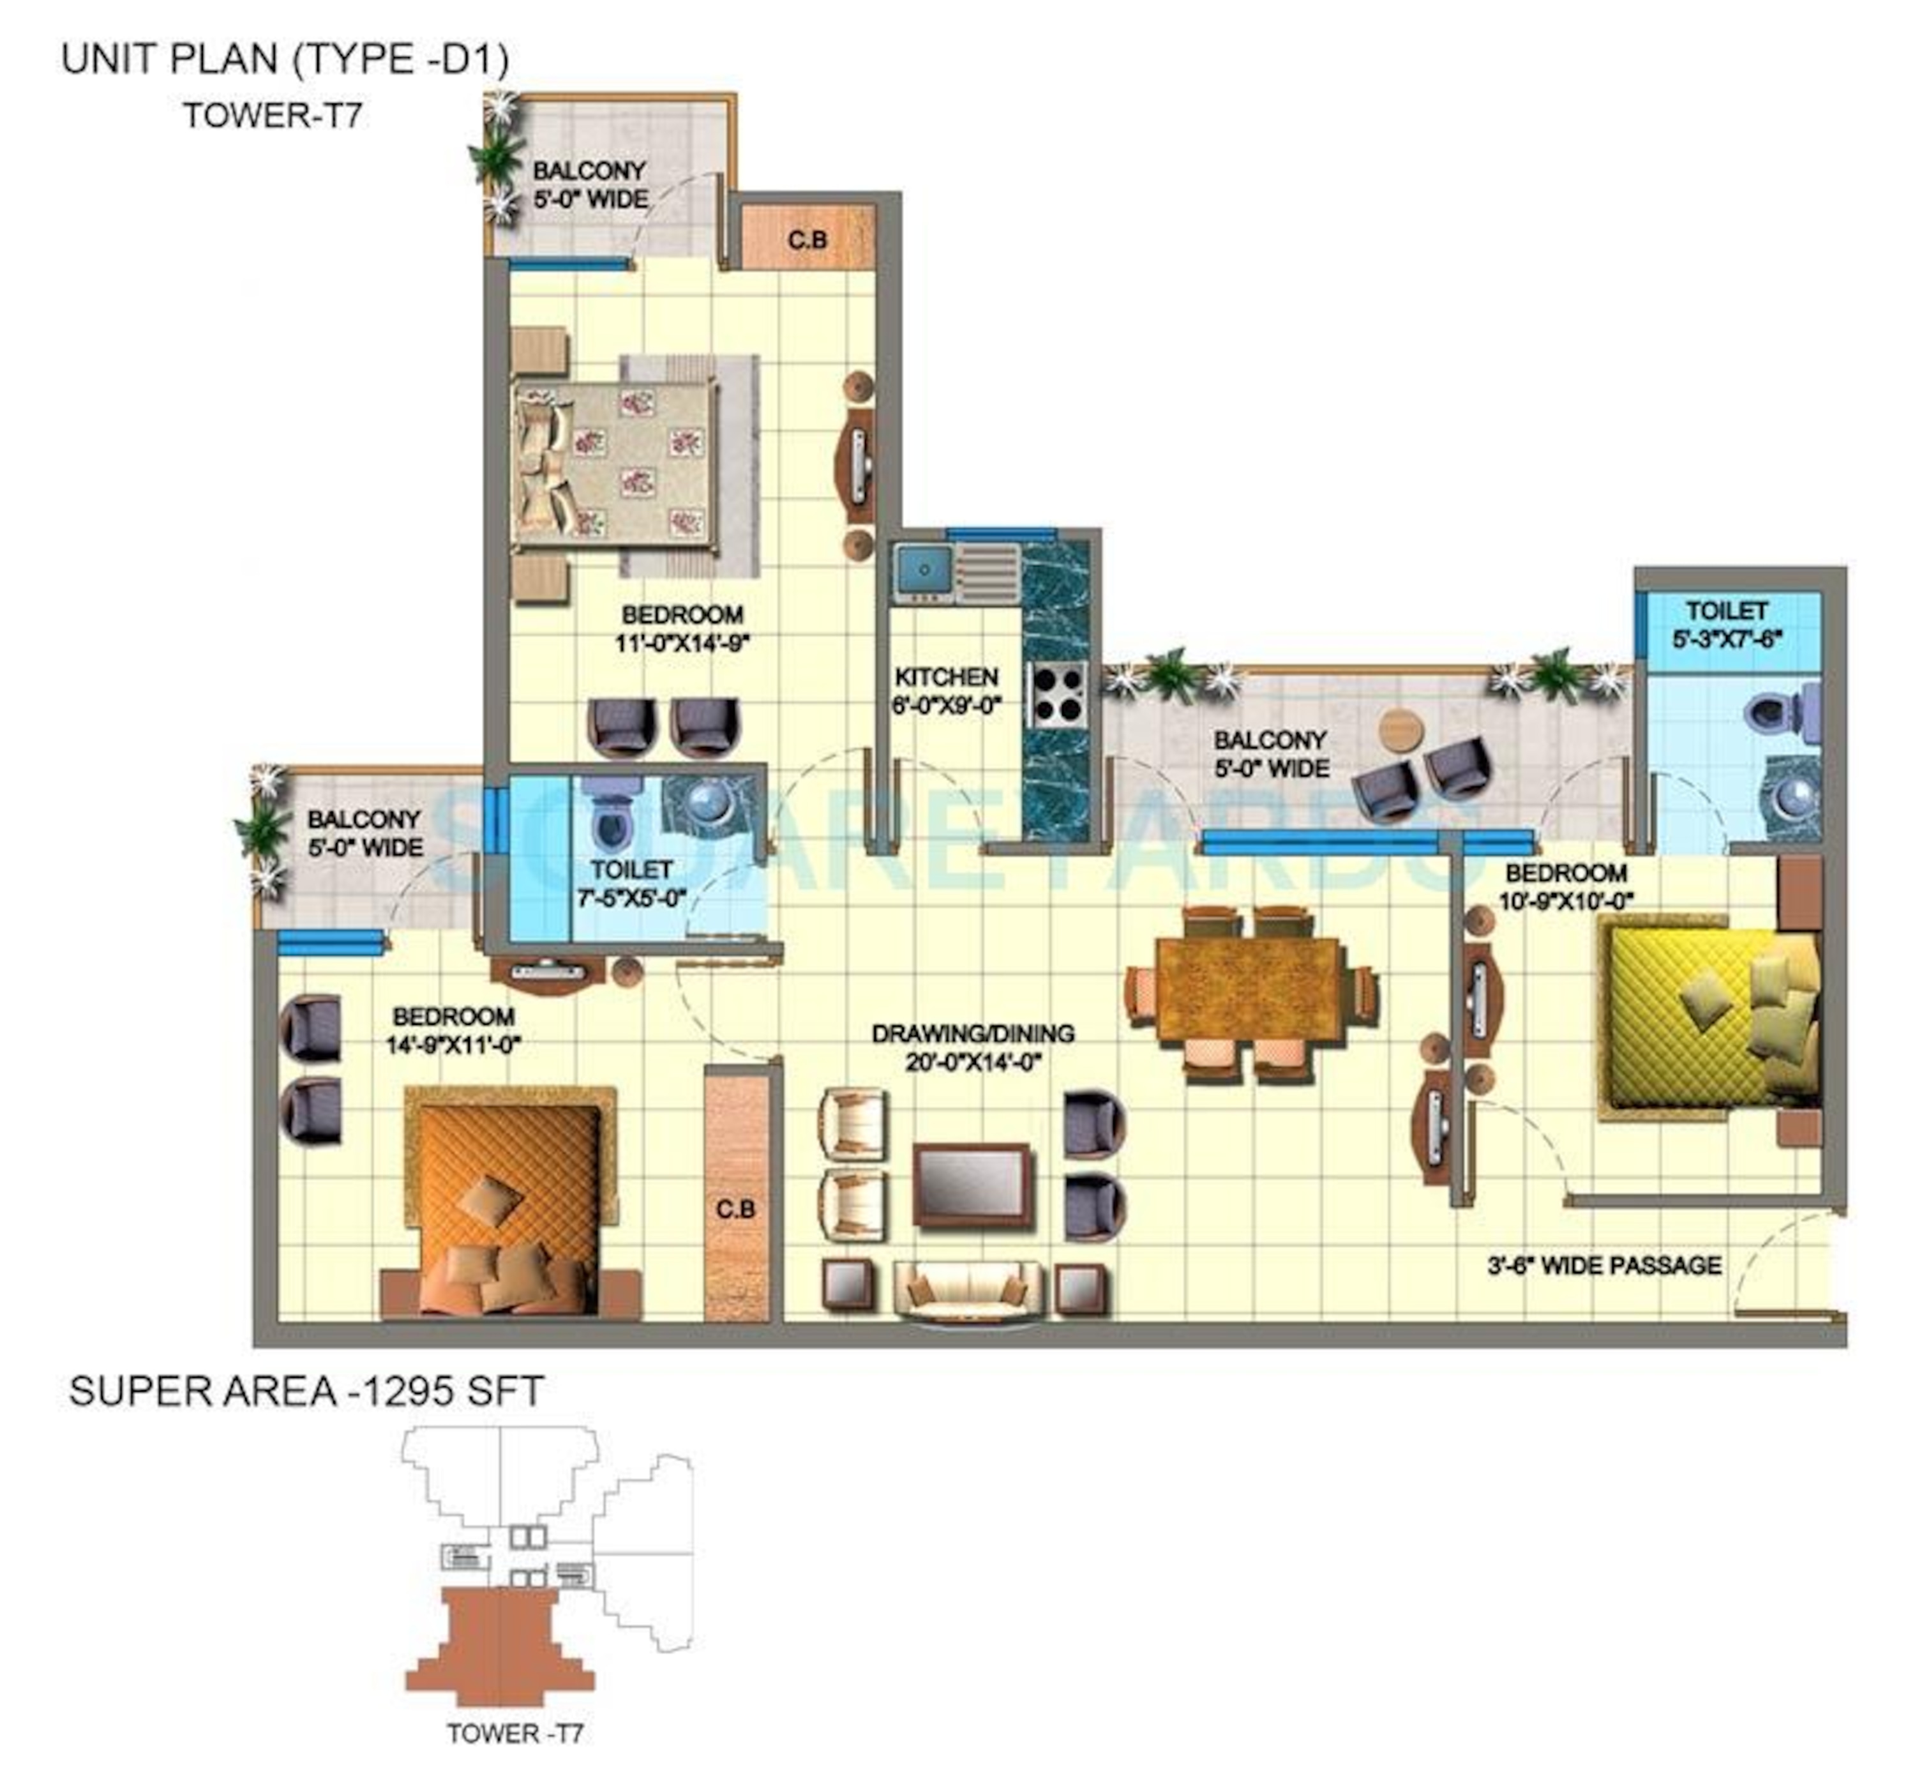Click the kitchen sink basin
pyautogui.click(x=922, y=570)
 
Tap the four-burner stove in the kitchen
pyautogui.click(x=1058, y=694)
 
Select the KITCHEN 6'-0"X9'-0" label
pyautogui.click(x=946, y=691)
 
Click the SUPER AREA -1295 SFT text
pyautogui.click(x=306, y=1391)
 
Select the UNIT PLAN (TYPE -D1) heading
pyautogui.click(x=285, y=60)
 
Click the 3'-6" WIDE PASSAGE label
pyautogui.click(x=1604, y=1266)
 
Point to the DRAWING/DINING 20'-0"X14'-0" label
pyautogui.click(x=972, y=1047)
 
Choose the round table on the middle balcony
pyautogui.click(x=1401, y=729)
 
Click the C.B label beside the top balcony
pyautogui.click(x=807, y=239)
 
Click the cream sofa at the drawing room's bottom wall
pyautogui.click(x=968, y=1289)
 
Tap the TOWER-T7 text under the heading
pyautogui.click(x=273, y=116)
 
